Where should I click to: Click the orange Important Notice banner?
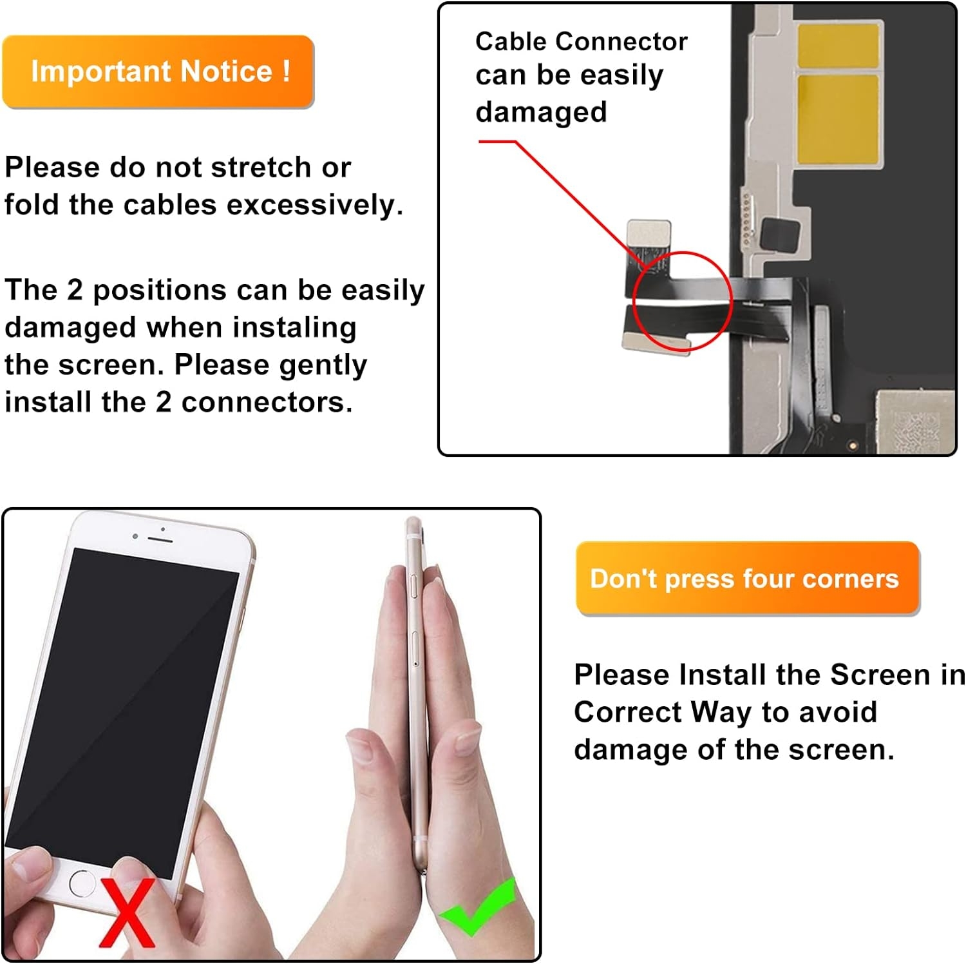(x=158, y=72)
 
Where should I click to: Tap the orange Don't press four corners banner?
(x=747, y=578)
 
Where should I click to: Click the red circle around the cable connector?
(x=682, y=302)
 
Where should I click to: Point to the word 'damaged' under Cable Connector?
(x=541, y=112)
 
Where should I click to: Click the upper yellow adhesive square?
(x=838, y=44)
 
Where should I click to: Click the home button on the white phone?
(x=82, y=883)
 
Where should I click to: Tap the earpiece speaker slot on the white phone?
(x=160, y=538)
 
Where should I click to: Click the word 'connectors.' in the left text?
(x=267, y=403)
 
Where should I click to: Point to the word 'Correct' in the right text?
(x=627, y=713)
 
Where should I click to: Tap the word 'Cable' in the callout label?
(x=511, y=42)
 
